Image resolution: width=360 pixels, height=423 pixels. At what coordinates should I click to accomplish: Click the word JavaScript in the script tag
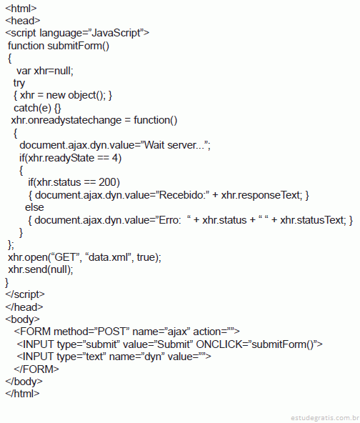point(116,33)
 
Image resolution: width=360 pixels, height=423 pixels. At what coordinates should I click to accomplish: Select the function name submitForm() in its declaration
point(78,46)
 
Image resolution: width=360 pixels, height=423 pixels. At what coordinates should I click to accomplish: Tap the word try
point(19,84)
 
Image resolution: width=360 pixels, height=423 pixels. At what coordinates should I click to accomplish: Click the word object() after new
point(86,95)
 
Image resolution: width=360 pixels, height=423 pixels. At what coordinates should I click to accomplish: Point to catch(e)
point(32,108)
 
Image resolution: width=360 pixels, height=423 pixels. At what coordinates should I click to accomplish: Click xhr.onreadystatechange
point(66,120)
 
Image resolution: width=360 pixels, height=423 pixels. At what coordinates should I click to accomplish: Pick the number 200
point(107,182)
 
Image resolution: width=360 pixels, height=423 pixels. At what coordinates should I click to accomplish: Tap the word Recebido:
point(182,195)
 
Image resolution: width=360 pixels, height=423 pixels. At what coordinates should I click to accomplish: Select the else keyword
point(34,207)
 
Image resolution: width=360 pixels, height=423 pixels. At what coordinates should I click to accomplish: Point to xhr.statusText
point(313,220)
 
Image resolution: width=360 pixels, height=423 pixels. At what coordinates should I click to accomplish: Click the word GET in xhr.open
point(65,257)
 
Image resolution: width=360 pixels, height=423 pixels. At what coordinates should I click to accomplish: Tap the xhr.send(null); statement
point(41,270)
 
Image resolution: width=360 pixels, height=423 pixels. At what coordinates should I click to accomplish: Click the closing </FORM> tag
point(36,369)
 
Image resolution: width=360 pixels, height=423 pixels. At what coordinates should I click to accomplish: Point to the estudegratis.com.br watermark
point(325,418)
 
